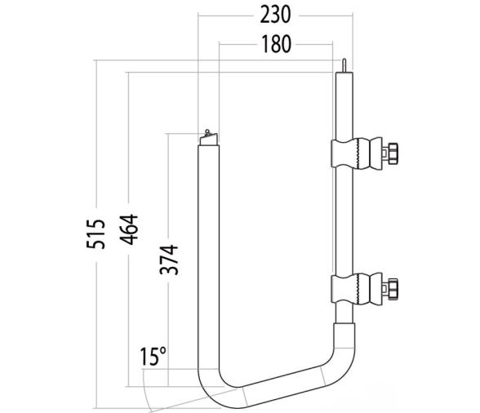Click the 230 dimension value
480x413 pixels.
(277, 16)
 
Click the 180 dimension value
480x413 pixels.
(277, 44)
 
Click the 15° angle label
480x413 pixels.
(153, 357)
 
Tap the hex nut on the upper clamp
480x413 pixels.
(393, 153)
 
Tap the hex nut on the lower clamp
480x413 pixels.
(393, 289)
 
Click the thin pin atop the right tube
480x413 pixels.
(346, 64)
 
